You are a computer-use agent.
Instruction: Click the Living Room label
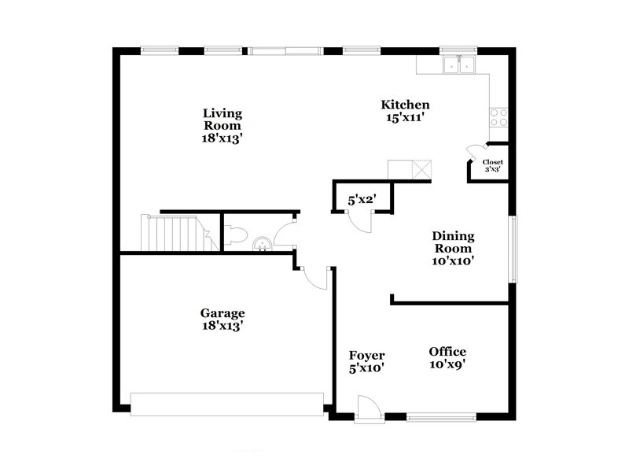(222, 125)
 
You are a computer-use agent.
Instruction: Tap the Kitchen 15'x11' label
(406, 111)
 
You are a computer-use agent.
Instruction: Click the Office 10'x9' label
(447, 358)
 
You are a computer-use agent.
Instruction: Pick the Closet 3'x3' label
(492, 165)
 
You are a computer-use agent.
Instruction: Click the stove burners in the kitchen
(498, 117)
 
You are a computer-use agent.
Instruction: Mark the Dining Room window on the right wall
(513, 249)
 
